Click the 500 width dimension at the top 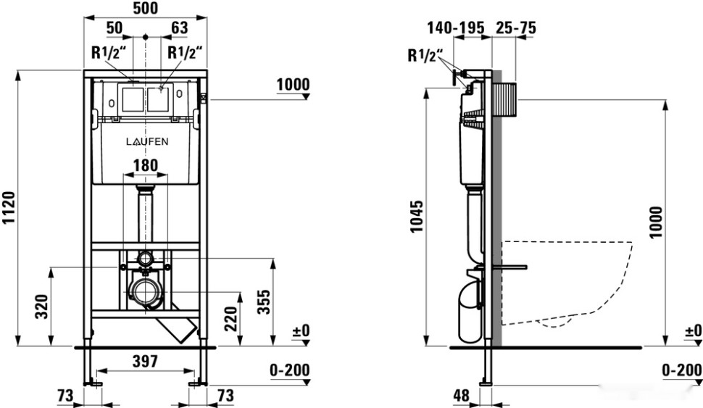click(x=146, y=8)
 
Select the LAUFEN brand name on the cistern click(x=147, y=142)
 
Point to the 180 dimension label click(x=146, y=165)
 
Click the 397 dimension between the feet click(x=145, y=362)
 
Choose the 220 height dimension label click(x=230, y=318)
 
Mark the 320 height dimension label click(x=42, y=307)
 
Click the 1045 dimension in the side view click(x=417, y=217)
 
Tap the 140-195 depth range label click(x=456, y=28)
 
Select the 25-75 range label click(x=515, y=28)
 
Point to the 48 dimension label click(x=462, y=395)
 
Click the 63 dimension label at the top click(x=180, y=28)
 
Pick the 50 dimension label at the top click(x=115, y=28)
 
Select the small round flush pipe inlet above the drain click(x=145, y=258)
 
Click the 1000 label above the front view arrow click(x=293, y=84)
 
